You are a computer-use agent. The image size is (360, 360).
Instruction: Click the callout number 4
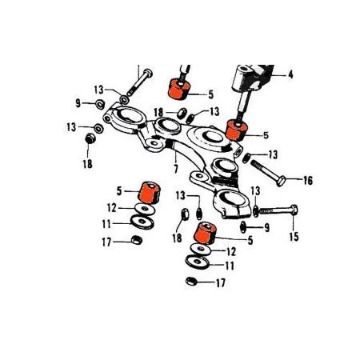tap(290, 74)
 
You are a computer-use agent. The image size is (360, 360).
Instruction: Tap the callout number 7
tap(176, 169)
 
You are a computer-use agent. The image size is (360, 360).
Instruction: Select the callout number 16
tap(308, 181)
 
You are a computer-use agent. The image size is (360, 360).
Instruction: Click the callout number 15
tap(294, 237)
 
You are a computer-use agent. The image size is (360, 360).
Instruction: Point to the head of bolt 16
tap(281, 182)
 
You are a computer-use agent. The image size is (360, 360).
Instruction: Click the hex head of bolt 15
tap(294, 210)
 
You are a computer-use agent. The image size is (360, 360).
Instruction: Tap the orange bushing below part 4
tap(236, 130)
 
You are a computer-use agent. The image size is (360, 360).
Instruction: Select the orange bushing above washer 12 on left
tap(149, 193)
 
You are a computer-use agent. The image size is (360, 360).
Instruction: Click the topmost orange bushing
tap(178, 89)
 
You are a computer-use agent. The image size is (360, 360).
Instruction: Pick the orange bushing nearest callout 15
tap(206, 233)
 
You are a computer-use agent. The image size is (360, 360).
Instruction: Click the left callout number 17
tap(106, 242)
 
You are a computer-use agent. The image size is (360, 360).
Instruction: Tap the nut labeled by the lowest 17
tap(191, 282)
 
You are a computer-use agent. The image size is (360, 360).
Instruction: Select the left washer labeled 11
tap(142, 222)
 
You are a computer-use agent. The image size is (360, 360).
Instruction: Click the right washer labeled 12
tap(201, 250)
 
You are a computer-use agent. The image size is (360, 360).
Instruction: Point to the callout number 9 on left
tap(78, 103)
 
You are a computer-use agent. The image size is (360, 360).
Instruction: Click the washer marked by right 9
tap(243, 226)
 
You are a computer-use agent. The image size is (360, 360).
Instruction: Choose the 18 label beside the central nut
tap(178, 238)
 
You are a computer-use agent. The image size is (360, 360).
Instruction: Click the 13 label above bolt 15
tap(255, 191)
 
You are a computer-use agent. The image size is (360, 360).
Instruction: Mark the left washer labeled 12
tap(145, 209)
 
